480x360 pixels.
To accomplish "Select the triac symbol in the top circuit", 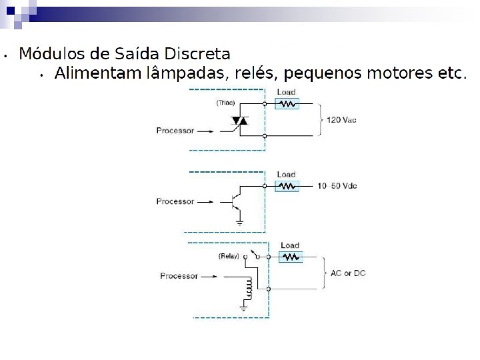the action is point(239,121).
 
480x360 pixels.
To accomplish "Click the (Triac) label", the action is point(225,103).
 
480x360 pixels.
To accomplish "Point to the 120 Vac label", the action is point(342,120).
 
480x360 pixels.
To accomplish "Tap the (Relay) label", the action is point(227,256).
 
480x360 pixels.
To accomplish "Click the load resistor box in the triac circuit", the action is point(287,104).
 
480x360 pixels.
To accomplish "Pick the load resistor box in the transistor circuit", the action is point(287,186).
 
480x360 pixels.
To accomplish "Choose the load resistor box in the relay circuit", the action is point(290,257).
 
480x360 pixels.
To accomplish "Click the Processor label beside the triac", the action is point(175,131).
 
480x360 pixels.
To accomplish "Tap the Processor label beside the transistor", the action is point(175,201).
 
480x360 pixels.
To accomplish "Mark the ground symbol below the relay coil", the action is point(245,307).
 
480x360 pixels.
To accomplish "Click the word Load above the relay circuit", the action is point(290,245).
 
